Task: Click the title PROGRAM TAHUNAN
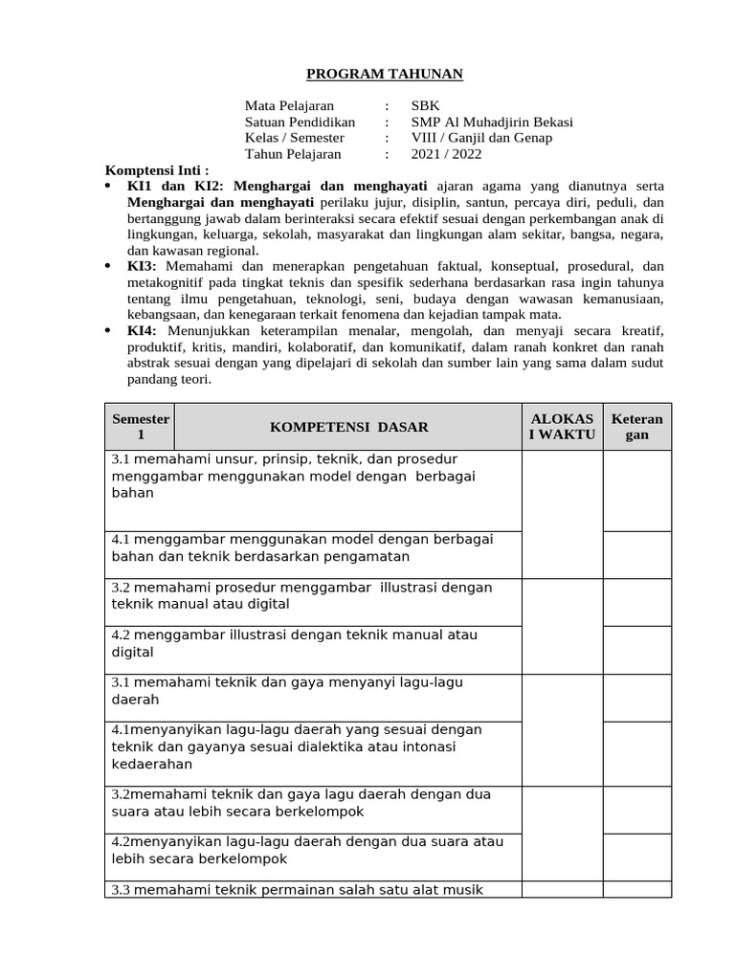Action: tap(370, 75)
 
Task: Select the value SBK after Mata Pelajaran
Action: tap(426, 105)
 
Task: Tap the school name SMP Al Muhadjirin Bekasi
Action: tap(492, 122)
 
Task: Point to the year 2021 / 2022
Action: tap(446, 153)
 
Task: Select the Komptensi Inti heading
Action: tap(156, 169)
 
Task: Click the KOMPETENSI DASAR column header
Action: tap(348, 427)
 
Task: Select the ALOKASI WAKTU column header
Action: tap(562, 427)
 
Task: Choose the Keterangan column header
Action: tap(636, 427)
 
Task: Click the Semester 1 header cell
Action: tap(140, 427)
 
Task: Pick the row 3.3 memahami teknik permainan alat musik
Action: tap(297, 889)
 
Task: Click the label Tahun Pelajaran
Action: tap(292, 153)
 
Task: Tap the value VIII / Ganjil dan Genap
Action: tap(481, 137)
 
